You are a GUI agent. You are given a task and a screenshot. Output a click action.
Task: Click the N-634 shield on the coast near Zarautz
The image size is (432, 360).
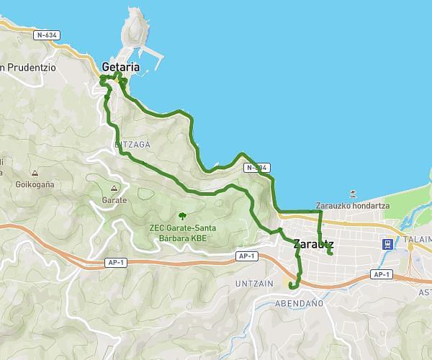click(257, 168)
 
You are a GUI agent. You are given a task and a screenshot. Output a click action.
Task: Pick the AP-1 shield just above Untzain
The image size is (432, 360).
click(247, 256)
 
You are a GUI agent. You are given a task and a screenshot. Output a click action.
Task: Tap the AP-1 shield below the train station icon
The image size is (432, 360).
click(381, 274)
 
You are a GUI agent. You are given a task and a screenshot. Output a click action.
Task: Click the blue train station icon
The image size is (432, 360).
click(387, 244)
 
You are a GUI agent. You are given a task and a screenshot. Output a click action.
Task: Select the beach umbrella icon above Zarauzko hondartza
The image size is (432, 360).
click(353, 194)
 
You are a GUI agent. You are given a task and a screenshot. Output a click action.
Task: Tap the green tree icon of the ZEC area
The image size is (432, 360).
click(182, 215)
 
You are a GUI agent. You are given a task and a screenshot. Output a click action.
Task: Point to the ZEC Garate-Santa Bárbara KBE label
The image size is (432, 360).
click(182, 233)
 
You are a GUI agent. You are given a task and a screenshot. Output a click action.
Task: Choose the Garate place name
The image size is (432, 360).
click(114, 199)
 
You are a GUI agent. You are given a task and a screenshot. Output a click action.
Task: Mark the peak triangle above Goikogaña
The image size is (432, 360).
click(35, 173)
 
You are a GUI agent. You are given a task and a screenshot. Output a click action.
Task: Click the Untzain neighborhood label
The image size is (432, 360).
click(254, 284)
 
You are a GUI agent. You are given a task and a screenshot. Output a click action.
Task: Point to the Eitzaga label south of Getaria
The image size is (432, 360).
click(132, 145)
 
